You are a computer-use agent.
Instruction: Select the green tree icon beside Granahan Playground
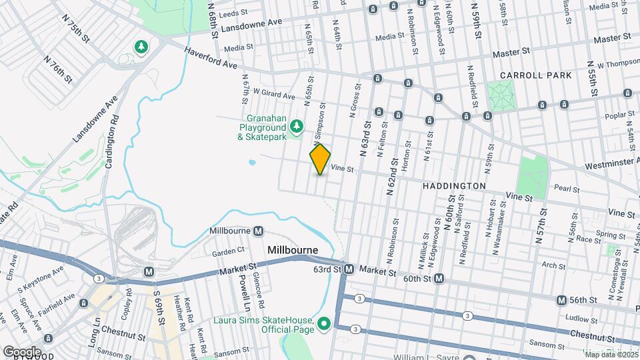pos(295,125)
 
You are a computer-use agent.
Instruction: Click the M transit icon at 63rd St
pos(349,270)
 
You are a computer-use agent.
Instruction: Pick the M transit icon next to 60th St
pos(439,278)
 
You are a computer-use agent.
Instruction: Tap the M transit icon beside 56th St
pos(561,300)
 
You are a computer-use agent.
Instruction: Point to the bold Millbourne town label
pos(293,250)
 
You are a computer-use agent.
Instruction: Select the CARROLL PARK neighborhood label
pos(536,76)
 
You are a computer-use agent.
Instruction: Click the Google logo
pos(22,351)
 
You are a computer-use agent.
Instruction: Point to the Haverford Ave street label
pos(211,58)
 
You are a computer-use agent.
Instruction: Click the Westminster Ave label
pos(611,164)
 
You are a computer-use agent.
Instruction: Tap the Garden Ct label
pos(229,252)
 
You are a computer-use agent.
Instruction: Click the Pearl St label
pos(567,189)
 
